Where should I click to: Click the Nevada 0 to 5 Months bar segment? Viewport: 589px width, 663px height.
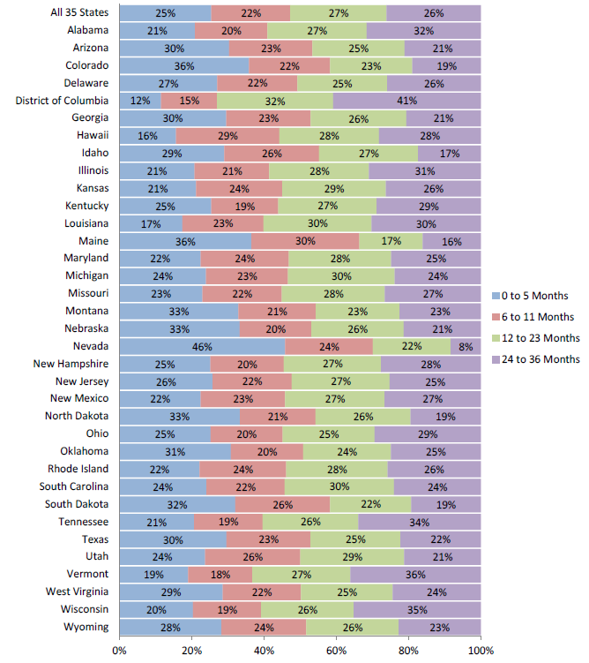(202, 346)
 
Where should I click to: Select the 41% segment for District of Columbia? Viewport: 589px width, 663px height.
(406, 100)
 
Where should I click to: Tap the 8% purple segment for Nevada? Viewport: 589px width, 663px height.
(466, 346)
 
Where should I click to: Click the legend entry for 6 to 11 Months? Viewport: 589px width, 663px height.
(535, 316)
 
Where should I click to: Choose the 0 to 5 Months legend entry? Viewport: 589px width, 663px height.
(532, 295)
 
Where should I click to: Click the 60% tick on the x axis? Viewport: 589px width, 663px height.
(336, 651)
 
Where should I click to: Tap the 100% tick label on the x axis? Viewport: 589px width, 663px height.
(481, 651)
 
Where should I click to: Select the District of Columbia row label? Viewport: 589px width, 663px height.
(62, 100)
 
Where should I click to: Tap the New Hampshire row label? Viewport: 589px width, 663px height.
(70, 364)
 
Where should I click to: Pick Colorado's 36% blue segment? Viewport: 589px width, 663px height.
(184, 65)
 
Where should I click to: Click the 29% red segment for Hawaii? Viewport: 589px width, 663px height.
(227, 135)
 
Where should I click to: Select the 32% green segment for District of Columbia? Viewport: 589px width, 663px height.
(275, 100)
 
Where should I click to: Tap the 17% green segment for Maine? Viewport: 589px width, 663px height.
(391, 241)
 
